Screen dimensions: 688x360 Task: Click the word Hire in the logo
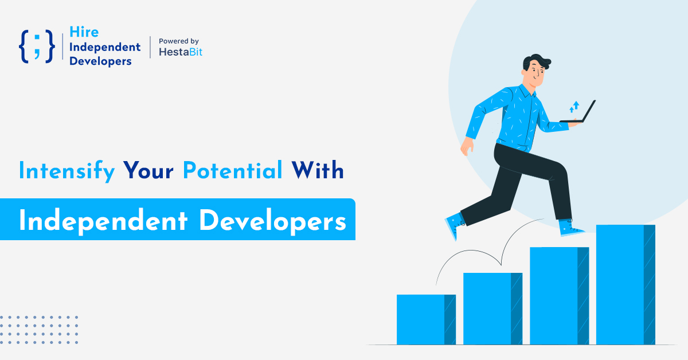pyautogui.click(x=84, y=32)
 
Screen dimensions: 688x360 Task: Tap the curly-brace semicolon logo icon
pyautogui.click(x=37, y=46)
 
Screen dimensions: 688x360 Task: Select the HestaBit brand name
pyautogui.click(x=181, y=52)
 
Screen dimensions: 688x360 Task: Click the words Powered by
pyautogui.click(x=179, y=41)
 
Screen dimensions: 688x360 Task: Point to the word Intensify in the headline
pyautogui.click(x=67, y=170)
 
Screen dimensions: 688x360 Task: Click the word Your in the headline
pyautogui.click(x=148, y=170)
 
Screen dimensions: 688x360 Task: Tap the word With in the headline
pyautogui.click(x=318, y=170)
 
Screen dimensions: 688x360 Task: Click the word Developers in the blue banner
pyautogui.click(x=273, y=221)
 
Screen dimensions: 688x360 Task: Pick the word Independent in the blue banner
pyautogui.click(x=103, y=221)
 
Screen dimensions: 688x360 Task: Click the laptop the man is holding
pyautogui.click(x=577, y=112)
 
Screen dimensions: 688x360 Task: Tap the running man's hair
pyautogui.click(x=537, y=61)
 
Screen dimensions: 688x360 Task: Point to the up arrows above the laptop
pyautogui.click(x=574, y=107)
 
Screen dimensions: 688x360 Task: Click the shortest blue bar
pyautogui.click(x=426, y=319)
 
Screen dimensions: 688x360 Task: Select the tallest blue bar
pyautogui.click(x=626, y=284)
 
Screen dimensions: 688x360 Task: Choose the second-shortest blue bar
pyautogui.click(x=492, y=308)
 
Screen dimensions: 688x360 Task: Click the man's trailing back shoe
pyautogui.click(x=455, y=225)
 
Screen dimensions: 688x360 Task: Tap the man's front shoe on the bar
pyautogui.click(x=570, y=228)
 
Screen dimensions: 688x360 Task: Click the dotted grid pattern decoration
pyautogui.click(x=39, y=330)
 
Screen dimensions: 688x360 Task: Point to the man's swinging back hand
pyautogui.click(x=467, y=146)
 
